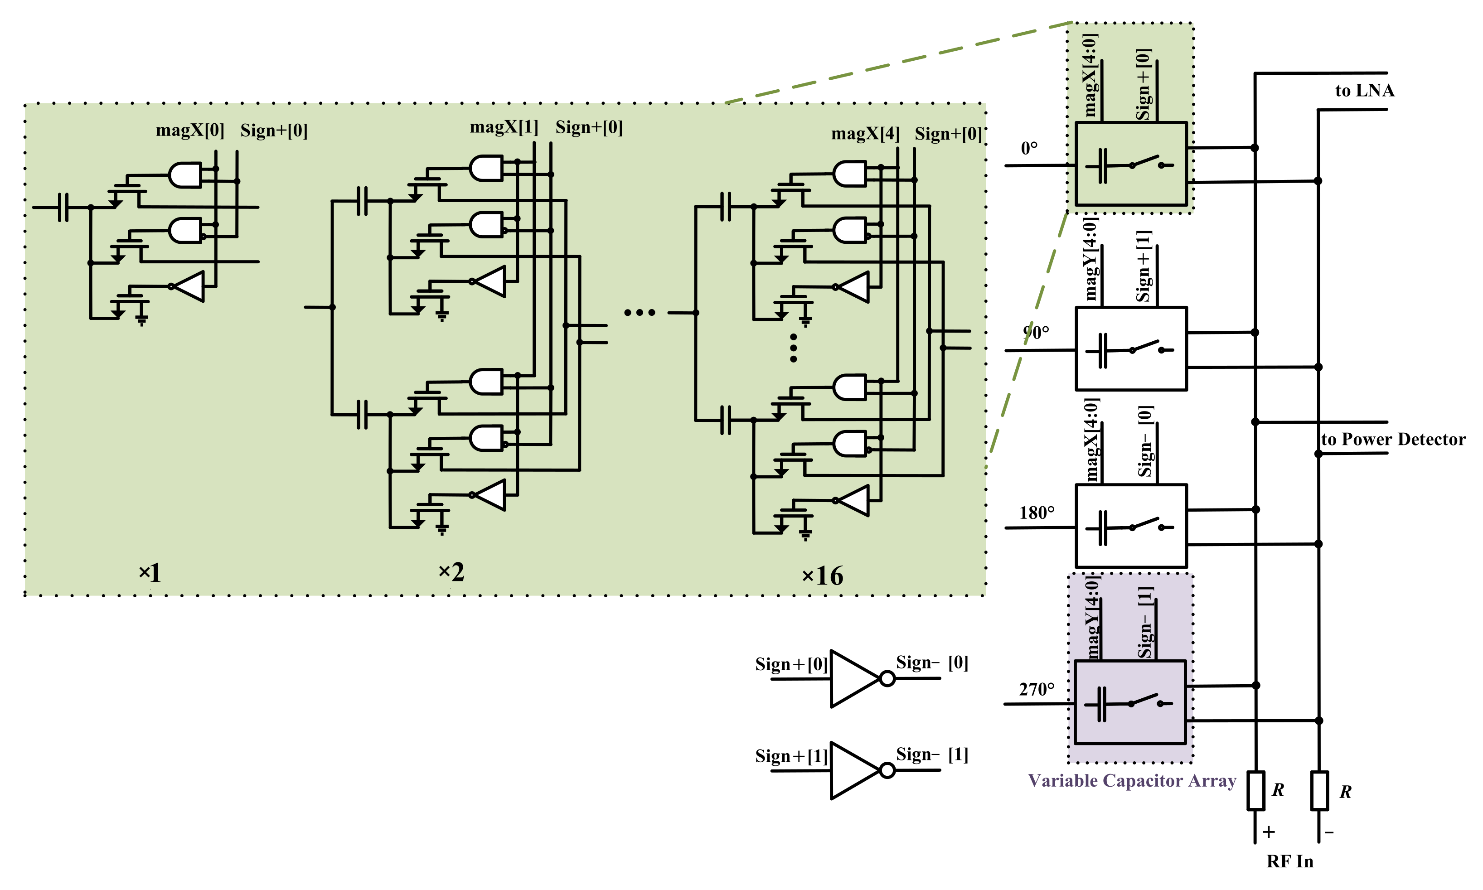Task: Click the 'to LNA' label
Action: (x=1364, y=91)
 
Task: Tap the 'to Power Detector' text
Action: (x=1392, y=439)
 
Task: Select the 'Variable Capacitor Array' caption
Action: (x=1132, y=780)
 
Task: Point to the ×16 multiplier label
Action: (x=822, y=576)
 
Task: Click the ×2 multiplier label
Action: (x=451, y=572)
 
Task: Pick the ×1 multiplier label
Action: (x=149, y=573)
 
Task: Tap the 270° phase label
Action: (x=1036, y=689)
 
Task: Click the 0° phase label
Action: (x=1029, y=148)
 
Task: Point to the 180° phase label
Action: (x=1036, y=513)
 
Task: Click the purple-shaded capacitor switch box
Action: (x=1130, y=702)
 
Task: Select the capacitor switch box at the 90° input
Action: (x=1131, y=349)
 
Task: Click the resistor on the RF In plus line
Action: (x=1256, y=790)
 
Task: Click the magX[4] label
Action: (x=865, y=134)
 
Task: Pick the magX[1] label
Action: (x=504, y=127)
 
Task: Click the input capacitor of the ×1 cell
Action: (x=63, y=207)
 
